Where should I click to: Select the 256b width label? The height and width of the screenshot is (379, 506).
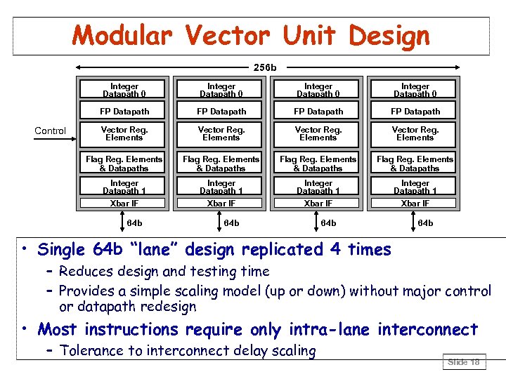coord(265,67)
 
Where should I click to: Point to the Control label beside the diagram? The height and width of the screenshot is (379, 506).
coord(51,131)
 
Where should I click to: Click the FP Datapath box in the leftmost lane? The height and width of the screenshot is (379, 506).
coord(124,111)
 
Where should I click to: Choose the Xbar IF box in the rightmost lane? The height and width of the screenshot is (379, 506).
coord(415,203)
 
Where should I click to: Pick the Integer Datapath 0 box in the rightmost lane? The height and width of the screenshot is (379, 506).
coord(415,90)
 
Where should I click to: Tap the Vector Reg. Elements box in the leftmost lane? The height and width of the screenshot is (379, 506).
coord(124,133)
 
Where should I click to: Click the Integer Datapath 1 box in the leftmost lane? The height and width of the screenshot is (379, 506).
coord(124,187)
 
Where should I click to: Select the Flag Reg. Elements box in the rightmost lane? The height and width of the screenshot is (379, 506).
coord(415,164)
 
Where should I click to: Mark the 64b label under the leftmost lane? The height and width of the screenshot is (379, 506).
coord(134,223)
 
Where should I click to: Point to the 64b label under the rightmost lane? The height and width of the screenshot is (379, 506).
coord(425,223)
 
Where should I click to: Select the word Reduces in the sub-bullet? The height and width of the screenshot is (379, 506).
coord(88,271)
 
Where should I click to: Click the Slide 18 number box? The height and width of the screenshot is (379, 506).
coord(463,362)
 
